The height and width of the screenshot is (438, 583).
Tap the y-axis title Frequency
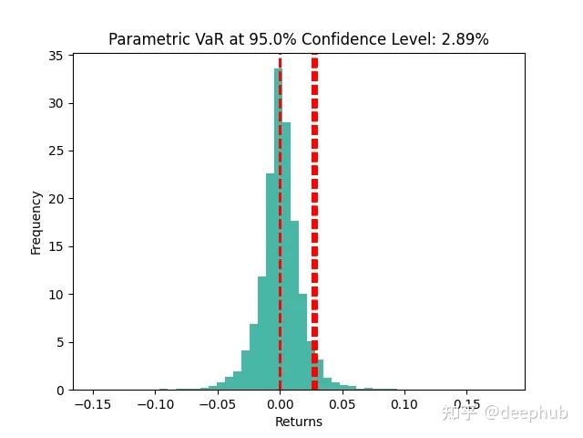pos(36,222)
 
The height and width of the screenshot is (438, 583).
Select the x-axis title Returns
pos(299,422)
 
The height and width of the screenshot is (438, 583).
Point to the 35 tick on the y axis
pos(56,56)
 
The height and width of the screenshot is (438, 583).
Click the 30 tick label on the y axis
pos(56,103)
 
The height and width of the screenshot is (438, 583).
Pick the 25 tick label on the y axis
pos(56,151)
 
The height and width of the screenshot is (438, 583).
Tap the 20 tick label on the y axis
pos(56,199)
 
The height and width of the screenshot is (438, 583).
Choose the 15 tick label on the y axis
pos(56,246)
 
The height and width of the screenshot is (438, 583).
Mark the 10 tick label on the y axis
pos(56,295)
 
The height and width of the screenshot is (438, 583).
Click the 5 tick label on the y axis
pos(59,342)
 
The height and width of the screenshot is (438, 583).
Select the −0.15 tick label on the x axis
pos(91,403)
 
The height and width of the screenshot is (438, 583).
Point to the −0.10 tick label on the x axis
pos(153,403)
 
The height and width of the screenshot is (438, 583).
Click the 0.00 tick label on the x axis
pos(281,403)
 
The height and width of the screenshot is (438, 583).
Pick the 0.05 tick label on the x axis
pos(343,403)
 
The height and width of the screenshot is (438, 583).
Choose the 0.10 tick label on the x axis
pos(404,403)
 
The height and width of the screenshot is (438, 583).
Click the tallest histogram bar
pos(278,228)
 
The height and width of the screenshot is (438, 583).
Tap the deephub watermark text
pos(505,412)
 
